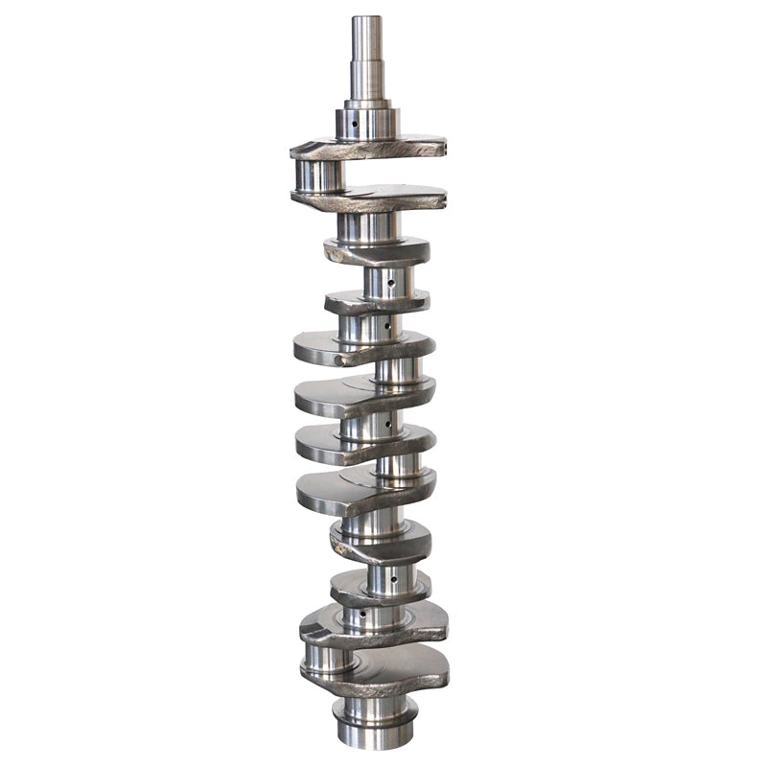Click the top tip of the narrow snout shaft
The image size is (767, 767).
tap(367, 18)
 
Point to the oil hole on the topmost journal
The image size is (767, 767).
tap(355, 124)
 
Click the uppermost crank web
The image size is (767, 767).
tap(368, 148)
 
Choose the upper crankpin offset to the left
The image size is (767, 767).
tap(319, 175)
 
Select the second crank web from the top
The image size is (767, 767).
tap(368, 198)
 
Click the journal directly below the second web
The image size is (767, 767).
tap(368, 227)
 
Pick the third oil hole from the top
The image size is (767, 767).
tap(387, 326)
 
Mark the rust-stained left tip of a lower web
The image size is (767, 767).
tap(338, 552)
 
